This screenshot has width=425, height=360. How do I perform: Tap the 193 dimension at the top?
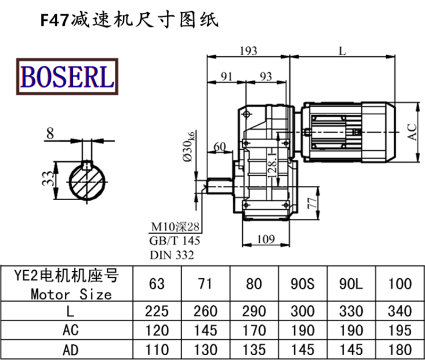coord(248,50)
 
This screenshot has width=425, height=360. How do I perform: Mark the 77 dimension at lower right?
coord(313,204)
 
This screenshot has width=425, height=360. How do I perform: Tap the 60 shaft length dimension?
coord(219,146)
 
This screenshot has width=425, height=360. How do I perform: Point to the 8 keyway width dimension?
coord(49,133)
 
